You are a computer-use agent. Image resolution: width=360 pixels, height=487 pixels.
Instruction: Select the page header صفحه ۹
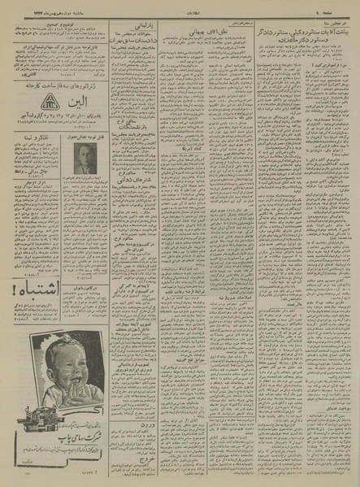click(x=343, y=7)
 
